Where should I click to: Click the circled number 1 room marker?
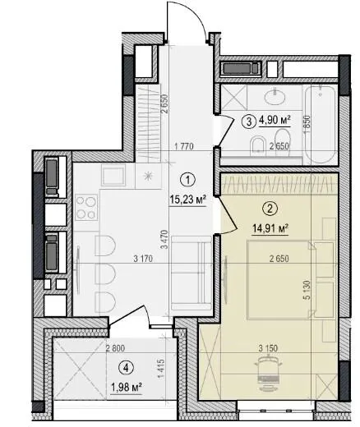[187, 180]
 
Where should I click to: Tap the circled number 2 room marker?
[270, 209]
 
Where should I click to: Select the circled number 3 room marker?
[249, 122]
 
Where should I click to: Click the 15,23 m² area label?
[187, 200]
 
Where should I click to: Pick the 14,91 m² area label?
[270, 228]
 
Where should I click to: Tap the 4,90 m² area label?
[275, 121]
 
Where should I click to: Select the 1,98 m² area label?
[126, 388]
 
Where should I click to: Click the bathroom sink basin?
[275, 96]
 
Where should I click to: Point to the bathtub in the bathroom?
[320, 124]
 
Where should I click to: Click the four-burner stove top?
[86, 207]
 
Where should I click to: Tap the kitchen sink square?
[113, 175]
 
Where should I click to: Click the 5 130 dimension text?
[307, 290]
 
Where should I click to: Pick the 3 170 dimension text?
[143, 259]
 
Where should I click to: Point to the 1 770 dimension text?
[184, 146]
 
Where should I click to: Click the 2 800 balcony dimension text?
[115, 348]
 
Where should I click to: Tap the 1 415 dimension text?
[162, 370]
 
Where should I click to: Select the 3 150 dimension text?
[268, 348]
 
